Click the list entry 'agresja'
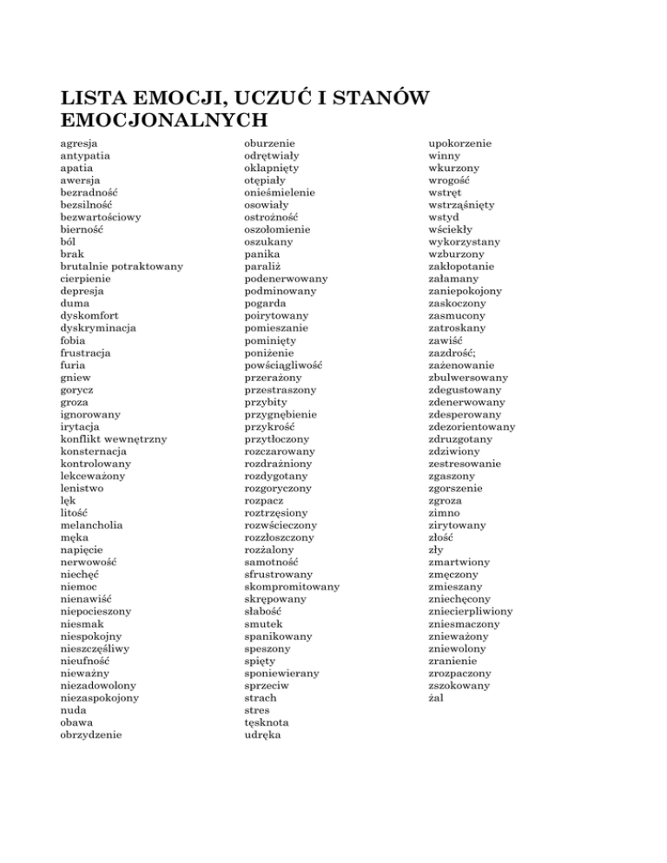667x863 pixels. tap(79, 142)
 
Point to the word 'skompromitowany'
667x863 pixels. tap(292, 586)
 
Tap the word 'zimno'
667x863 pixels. tap(447, 512)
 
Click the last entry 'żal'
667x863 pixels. tap(439, 697)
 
